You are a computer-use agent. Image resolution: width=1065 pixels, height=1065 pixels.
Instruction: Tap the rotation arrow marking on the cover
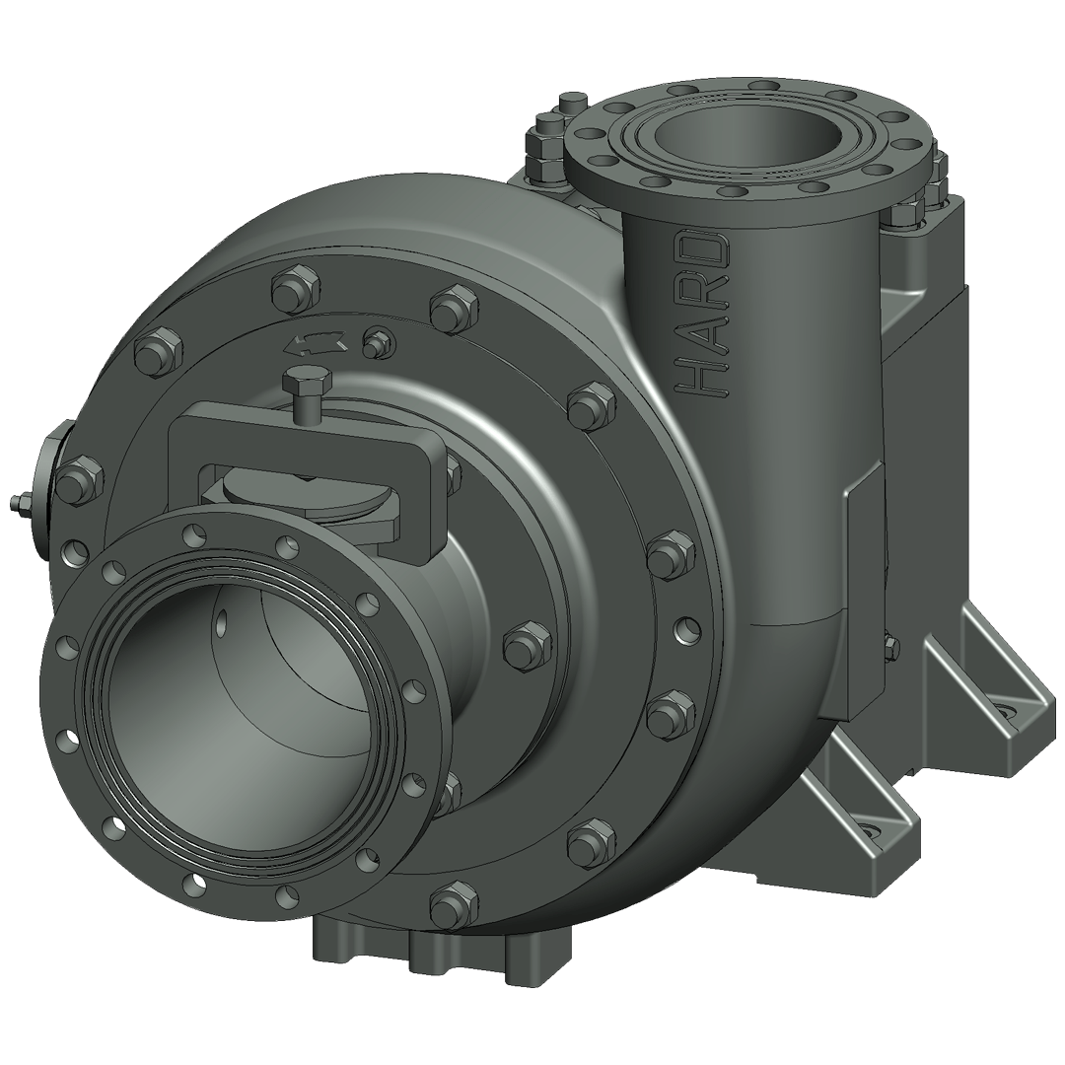point(316,343)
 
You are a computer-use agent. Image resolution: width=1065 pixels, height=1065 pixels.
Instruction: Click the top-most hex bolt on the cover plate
point(295,288)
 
